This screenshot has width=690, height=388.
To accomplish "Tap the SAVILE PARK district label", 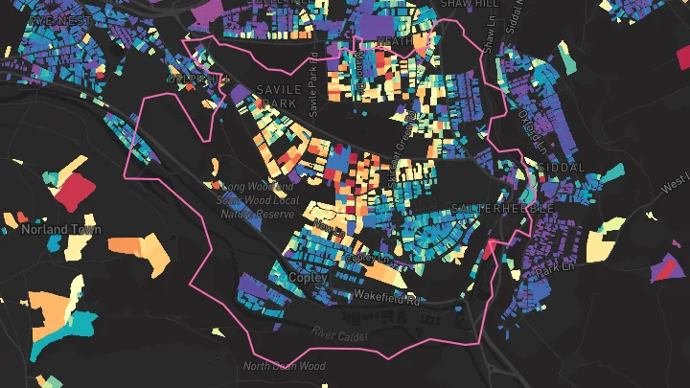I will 280,96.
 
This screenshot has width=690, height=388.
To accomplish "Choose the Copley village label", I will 308,277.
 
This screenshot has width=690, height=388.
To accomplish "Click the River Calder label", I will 340,332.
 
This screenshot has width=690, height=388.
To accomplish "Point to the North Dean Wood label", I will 284,366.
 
